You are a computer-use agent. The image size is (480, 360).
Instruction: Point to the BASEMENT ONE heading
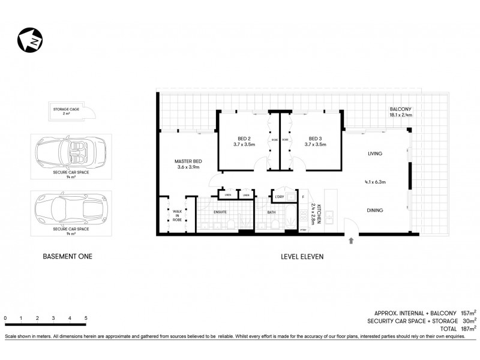point(68,256)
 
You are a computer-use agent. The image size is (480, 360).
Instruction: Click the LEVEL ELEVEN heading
point(302,256)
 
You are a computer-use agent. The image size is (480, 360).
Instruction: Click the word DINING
point(375,210)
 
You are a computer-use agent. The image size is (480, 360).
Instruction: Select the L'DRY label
point(279,197)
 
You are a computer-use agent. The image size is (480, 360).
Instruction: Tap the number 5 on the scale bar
point(86,317)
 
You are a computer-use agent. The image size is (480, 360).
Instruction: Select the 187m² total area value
point(468,329)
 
